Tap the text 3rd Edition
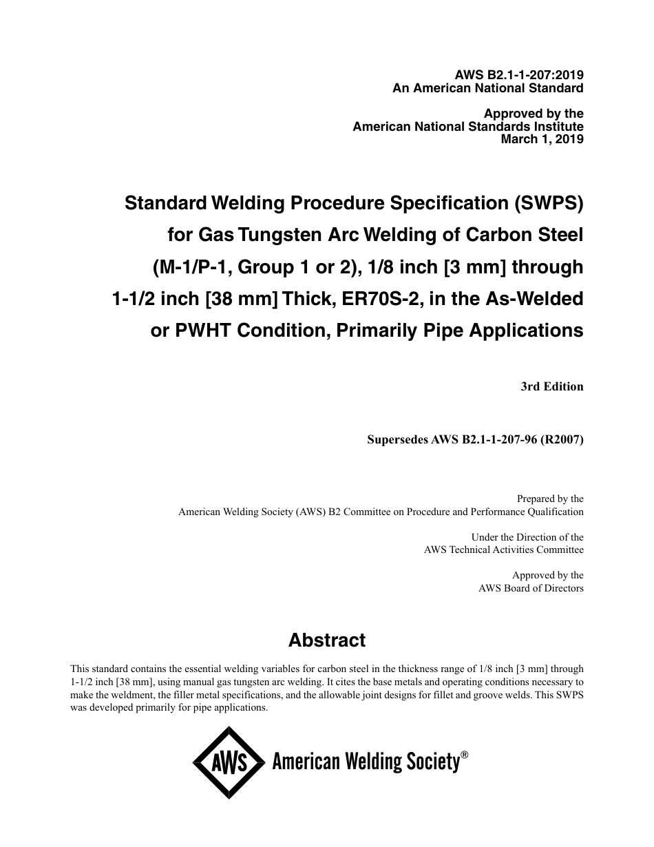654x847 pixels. coord(552,386)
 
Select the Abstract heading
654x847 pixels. coord(327,640)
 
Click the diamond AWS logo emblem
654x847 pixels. coord(229,762)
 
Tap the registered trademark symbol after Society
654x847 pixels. coord(465,755)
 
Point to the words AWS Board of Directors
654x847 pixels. coord(531,588)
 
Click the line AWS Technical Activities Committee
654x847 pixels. coord(503,550)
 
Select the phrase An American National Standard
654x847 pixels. coord(488,88)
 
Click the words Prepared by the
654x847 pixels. coord(549,499)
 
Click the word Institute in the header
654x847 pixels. coord(557,127)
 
